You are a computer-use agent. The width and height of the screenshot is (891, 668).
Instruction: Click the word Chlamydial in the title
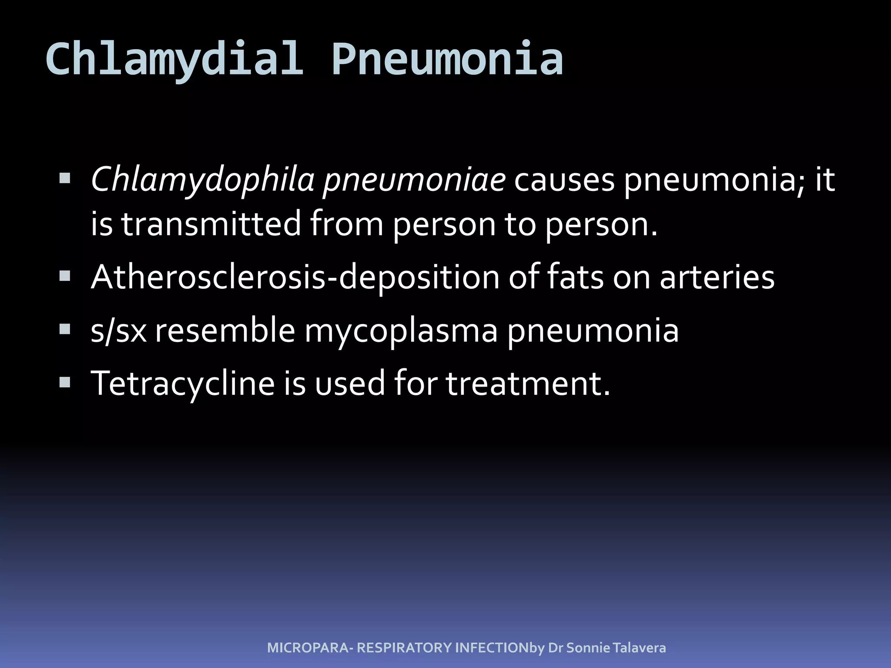click(x=174, y=59)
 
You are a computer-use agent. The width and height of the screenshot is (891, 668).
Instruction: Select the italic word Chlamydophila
click(x=202, y=180)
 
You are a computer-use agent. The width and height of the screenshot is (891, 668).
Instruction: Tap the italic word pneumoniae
click(x=414, y=180)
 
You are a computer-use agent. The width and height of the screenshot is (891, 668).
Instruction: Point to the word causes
click(x=564, y=180)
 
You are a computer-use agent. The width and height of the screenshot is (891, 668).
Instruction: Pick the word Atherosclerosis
click(x=208, y=277)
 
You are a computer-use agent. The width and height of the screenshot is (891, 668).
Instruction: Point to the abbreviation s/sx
click(x=118, y=331)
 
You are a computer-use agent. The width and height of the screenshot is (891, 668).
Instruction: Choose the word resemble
click(x=225, y=331)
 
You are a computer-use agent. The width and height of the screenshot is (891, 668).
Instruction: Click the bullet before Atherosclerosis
click(x=65, y=277)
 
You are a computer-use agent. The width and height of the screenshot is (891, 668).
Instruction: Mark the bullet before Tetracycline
click(x=65, y=383)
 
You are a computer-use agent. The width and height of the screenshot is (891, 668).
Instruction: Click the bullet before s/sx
click(x=65, y=330)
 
